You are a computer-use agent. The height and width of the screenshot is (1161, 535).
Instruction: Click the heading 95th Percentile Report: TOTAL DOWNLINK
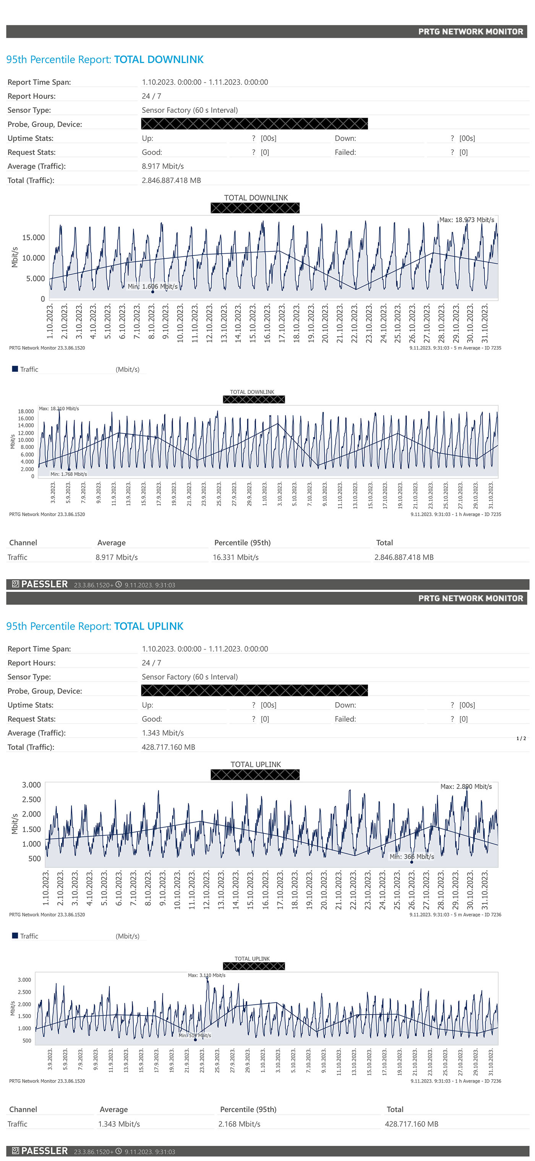coord(105,60)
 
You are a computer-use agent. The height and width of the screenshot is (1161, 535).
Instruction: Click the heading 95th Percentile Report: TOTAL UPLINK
coord(95,626)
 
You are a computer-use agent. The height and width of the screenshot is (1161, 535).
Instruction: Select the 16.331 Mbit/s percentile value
coord(235,557)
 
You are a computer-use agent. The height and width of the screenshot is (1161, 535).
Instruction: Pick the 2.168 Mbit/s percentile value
coord(239,1124)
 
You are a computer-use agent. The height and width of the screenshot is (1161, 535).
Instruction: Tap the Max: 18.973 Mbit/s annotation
coord(467,220)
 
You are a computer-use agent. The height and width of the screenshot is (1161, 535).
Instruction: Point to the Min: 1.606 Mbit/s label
coord(152,286)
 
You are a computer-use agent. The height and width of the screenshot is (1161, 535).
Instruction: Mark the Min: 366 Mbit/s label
coord(412,856)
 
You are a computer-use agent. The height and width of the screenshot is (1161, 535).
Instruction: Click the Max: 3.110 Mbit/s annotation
coord(206,975)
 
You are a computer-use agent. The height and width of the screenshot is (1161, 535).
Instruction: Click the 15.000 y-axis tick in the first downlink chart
coord(33,238)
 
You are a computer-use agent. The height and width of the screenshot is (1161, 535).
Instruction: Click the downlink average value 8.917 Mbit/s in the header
coord(163,166)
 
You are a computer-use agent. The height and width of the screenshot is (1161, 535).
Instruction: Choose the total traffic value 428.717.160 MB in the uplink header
coord(168,747)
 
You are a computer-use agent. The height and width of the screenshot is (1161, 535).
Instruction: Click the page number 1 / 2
coord(520,738)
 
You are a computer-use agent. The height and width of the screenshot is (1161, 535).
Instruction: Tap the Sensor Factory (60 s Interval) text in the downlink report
coord(189,110)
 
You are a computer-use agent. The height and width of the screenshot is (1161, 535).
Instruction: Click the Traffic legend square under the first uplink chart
coord(15,936)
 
